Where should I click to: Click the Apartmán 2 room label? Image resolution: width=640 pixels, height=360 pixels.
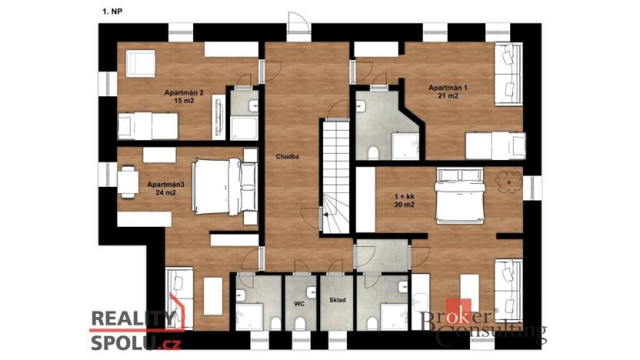[x=184, y=93]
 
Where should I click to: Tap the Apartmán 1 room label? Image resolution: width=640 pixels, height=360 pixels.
[x=448, y=88]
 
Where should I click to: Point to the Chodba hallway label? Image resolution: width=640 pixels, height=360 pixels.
[x=288, y=156]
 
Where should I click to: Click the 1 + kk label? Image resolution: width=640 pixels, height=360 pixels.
[x=404, y=197]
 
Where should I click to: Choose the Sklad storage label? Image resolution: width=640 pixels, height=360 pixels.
[x=337, y=301]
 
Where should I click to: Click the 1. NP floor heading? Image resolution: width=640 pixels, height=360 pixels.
[x=111, y=12]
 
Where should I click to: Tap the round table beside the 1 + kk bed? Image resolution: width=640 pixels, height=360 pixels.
[x=508, y=182]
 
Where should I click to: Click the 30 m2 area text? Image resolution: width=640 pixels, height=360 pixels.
[x=404, y=206]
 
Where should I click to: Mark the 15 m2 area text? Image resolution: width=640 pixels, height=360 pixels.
[x=184, y=102]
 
